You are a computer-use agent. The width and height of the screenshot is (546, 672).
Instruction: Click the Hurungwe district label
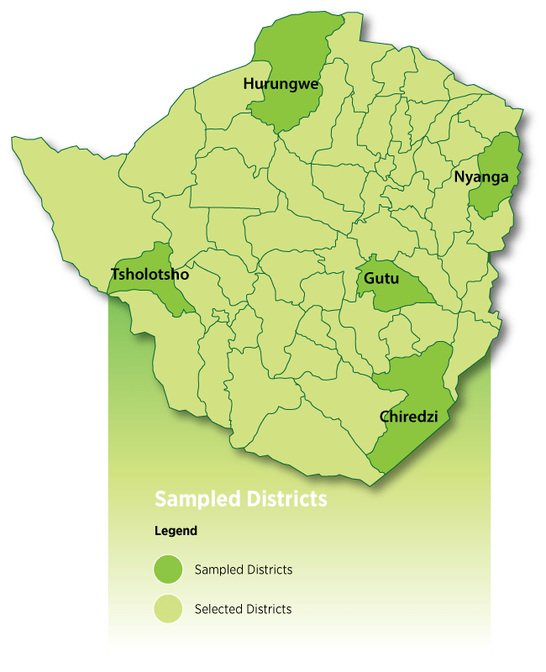coord(281,83)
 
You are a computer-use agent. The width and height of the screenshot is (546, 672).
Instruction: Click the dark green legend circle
coord(168,570)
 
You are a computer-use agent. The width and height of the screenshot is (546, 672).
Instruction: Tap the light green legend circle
coord(168,609)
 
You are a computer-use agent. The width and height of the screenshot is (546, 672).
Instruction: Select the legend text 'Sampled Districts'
coord(243,570)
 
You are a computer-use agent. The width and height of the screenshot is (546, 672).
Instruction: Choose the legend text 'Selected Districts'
coord(243,609)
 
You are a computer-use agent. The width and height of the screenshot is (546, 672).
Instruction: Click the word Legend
coord(176,531)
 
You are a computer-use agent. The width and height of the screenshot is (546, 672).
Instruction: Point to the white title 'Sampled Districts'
coord(240,499)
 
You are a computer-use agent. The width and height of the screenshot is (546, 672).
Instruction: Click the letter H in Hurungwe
coord(249,83)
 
